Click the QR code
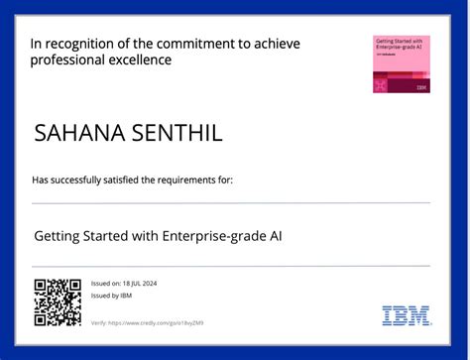point(58,301)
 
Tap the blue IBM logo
point(406,315)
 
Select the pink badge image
point(401,64)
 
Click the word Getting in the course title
point(57,236)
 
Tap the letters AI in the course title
point(286,236)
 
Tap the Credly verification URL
point(161,323)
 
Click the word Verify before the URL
point(98,323)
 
